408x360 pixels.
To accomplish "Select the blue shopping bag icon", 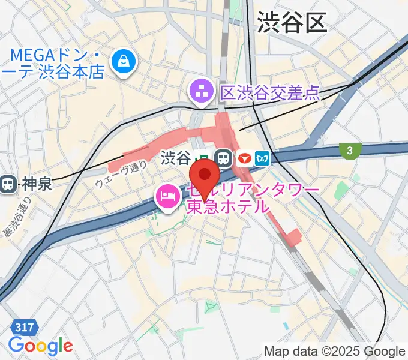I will point(124,61).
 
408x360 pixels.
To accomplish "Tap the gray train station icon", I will point(224,158).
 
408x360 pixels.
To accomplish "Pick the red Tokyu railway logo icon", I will point(244,158).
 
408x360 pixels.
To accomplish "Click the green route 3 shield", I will point(348,151).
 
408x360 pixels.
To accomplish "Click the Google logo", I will point(40,346).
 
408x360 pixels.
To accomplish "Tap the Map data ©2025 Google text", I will point(335,351).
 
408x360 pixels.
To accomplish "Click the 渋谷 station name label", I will point(175,158).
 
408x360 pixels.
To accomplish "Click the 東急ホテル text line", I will point(228,207).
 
